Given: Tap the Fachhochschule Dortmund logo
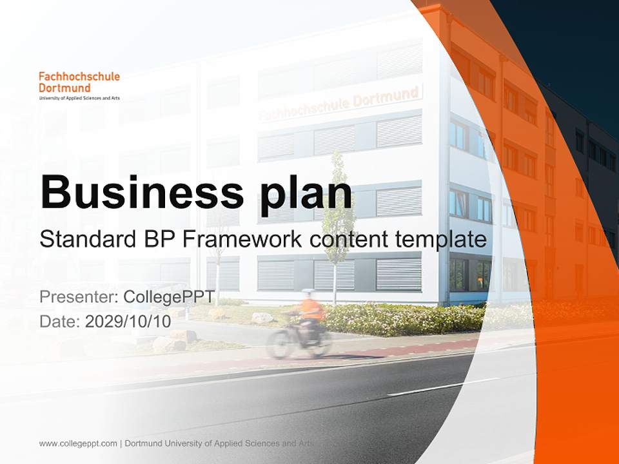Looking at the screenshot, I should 79,86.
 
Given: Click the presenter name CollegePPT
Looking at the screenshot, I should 169,297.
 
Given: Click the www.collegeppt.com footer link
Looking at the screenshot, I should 78,443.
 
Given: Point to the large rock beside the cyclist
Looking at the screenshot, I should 262,318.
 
